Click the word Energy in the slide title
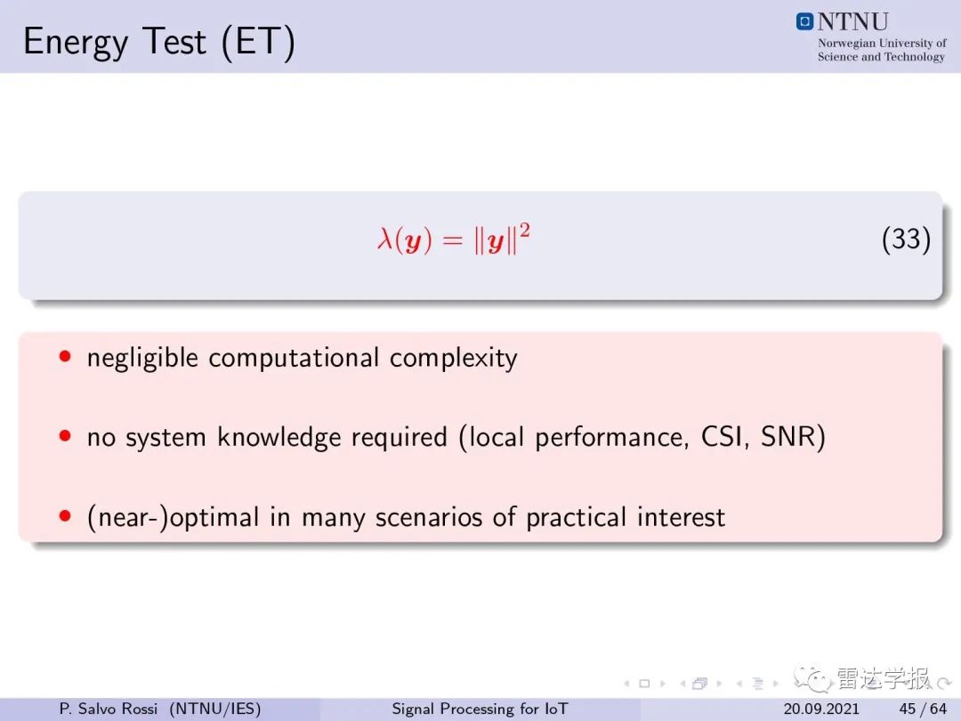(76, 43)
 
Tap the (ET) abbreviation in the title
(258, 43)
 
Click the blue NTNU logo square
(804, 21)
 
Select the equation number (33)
(906, 239)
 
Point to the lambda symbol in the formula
(385, 238)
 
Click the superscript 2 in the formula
(525, 231)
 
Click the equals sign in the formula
(452, 239)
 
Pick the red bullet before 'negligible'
(65, 356)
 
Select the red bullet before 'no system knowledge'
(65, 436)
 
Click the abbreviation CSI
(724, 437)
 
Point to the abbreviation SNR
(787, 436)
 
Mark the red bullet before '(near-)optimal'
(65, 515)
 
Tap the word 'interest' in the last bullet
(681, 517)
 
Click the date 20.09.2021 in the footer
(821, 709)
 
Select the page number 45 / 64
(923, 709)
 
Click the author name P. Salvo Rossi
(109, 709)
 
